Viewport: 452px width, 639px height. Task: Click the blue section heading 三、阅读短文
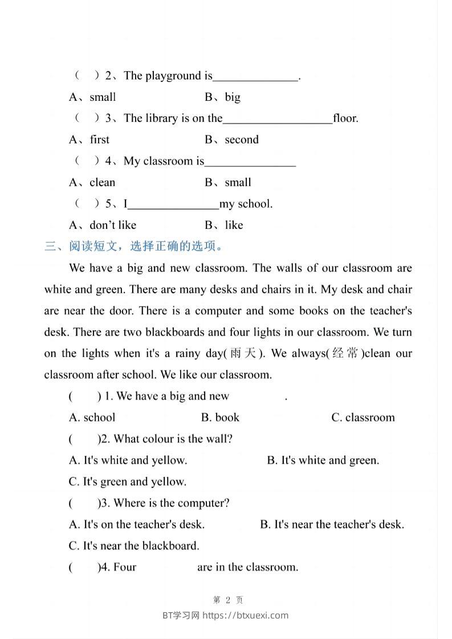[x=133, y=247]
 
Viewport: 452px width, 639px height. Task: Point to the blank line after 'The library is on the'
[x=278, y=119]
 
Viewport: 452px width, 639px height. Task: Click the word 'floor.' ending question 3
[x=346, y=118]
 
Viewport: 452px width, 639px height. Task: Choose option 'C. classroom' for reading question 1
[x=363, y=417]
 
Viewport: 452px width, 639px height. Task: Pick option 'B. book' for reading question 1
[x=220, y=417]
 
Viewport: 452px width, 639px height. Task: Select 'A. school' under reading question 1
[x=92, y=417]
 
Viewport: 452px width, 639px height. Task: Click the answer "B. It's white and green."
[x=323, y=460]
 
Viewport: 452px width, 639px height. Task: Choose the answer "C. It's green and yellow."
[x=128, y=482]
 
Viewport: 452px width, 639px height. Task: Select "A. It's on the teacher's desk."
[x=137, y=525]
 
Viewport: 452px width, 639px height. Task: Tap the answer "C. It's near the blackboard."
[x=134, y=546]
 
